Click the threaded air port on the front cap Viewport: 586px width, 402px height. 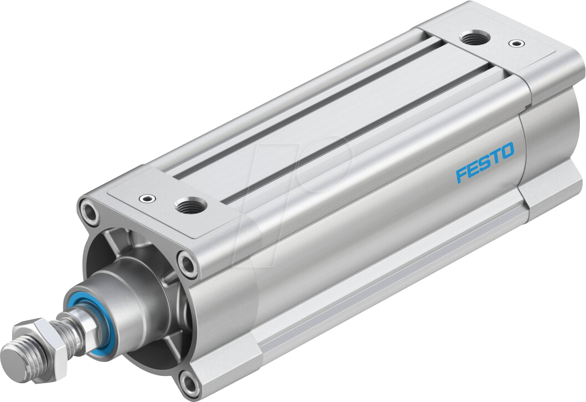pyautogui.click(x=190, y=207)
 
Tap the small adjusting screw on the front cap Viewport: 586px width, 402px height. pyautogui.click(x=147, y=197)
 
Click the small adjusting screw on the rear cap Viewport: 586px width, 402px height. pyautogui.click(x=517, y=42)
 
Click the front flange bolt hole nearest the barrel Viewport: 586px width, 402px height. pyautogui.click(x=189, y=263)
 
